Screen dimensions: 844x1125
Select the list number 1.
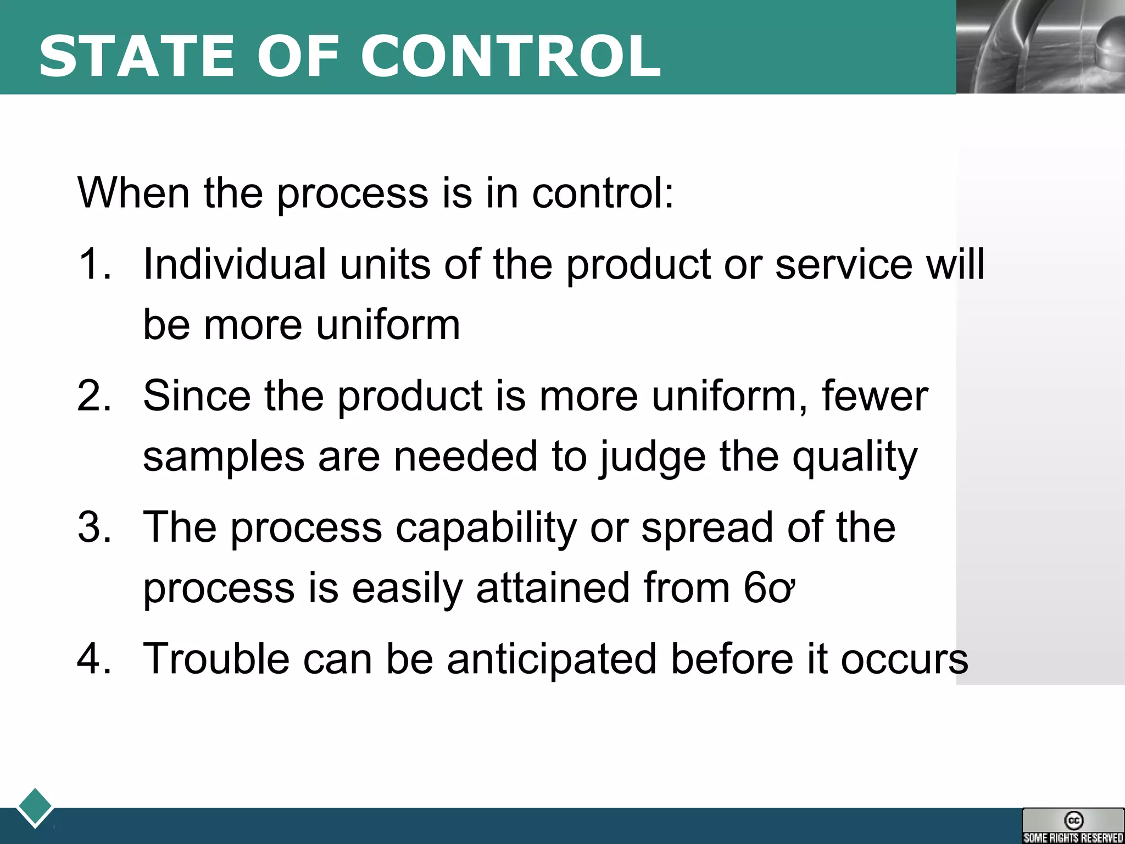94,264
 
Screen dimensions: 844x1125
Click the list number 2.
94,396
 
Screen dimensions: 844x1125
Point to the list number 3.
94,527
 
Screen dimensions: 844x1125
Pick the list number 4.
94,658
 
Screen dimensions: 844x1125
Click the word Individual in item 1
235,264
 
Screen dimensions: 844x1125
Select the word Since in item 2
196,396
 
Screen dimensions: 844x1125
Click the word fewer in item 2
875,396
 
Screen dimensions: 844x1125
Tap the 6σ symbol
769,588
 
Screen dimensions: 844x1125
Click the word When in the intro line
133,193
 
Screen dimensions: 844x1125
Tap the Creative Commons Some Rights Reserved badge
1073,826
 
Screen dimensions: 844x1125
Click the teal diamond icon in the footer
35,807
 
